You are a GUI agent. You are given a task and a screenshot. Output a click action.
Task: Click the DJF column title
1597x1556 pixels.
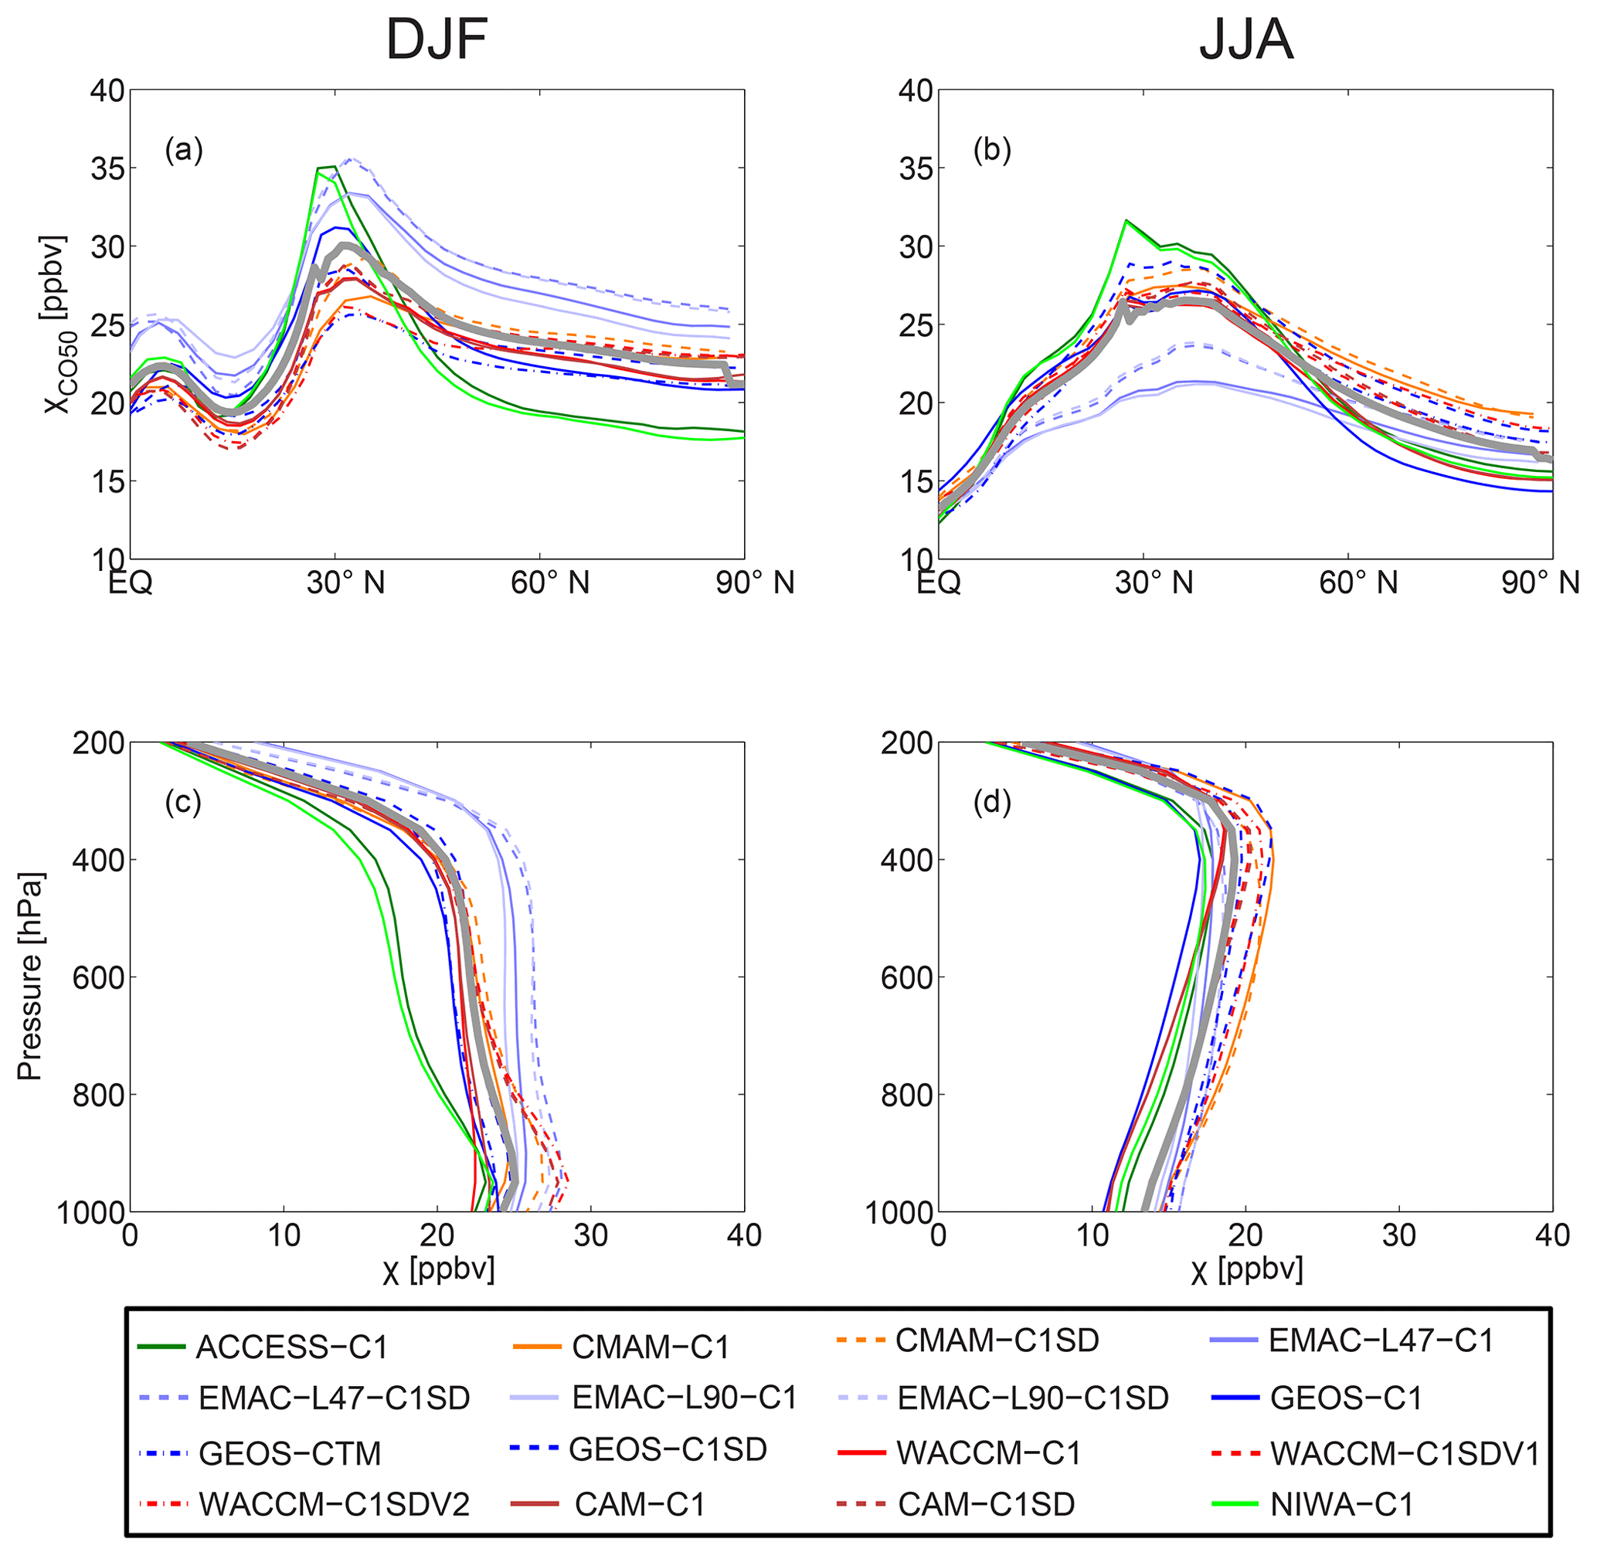click(437, 39)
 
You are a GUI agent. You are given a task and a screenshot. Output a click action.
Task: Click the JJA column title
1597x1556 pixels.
click(1245, 39)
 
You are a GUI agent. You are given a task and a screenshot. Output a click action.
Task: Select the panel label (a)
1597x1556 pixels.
click(183, 150)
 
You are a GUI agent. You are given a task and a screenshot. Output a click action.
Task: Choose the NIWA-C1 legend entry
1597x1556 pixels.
click(1341, 1504)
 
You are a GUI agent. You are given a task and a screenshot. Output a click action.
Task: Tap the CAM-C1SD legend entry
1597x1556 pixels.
click(986, 1504)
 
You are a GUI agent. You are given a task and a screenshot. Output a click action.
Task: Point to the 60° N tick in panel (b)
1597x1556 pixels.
click(1358, 583)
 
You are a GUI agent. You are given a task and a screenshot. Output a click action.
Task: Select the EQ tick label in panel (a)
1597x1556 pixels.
click(131, 583)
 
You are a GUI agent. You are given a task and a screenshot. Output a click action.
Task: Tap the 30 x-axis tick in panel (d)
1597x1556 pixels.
click(1398, 1235)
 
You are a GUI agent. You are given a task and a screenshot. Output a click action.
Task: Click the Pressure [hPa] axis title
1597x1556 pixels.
click(31, 977)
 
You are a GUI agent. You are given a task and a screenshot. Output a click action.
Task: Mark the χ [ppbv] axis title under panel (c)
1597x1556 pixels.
click(438, 1271)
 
